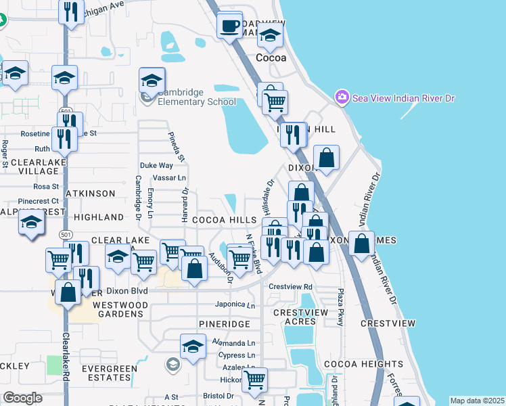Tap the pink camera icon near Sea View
342,98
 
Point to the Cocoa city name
271,58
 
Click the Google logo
23,398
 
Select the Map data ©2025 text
476,401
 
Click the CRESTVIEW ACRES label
300,317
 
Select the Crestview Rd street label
290,287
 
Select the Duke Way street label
156,165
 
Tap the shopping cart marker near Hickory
255,380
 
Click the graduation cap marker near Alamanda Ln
193,348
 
